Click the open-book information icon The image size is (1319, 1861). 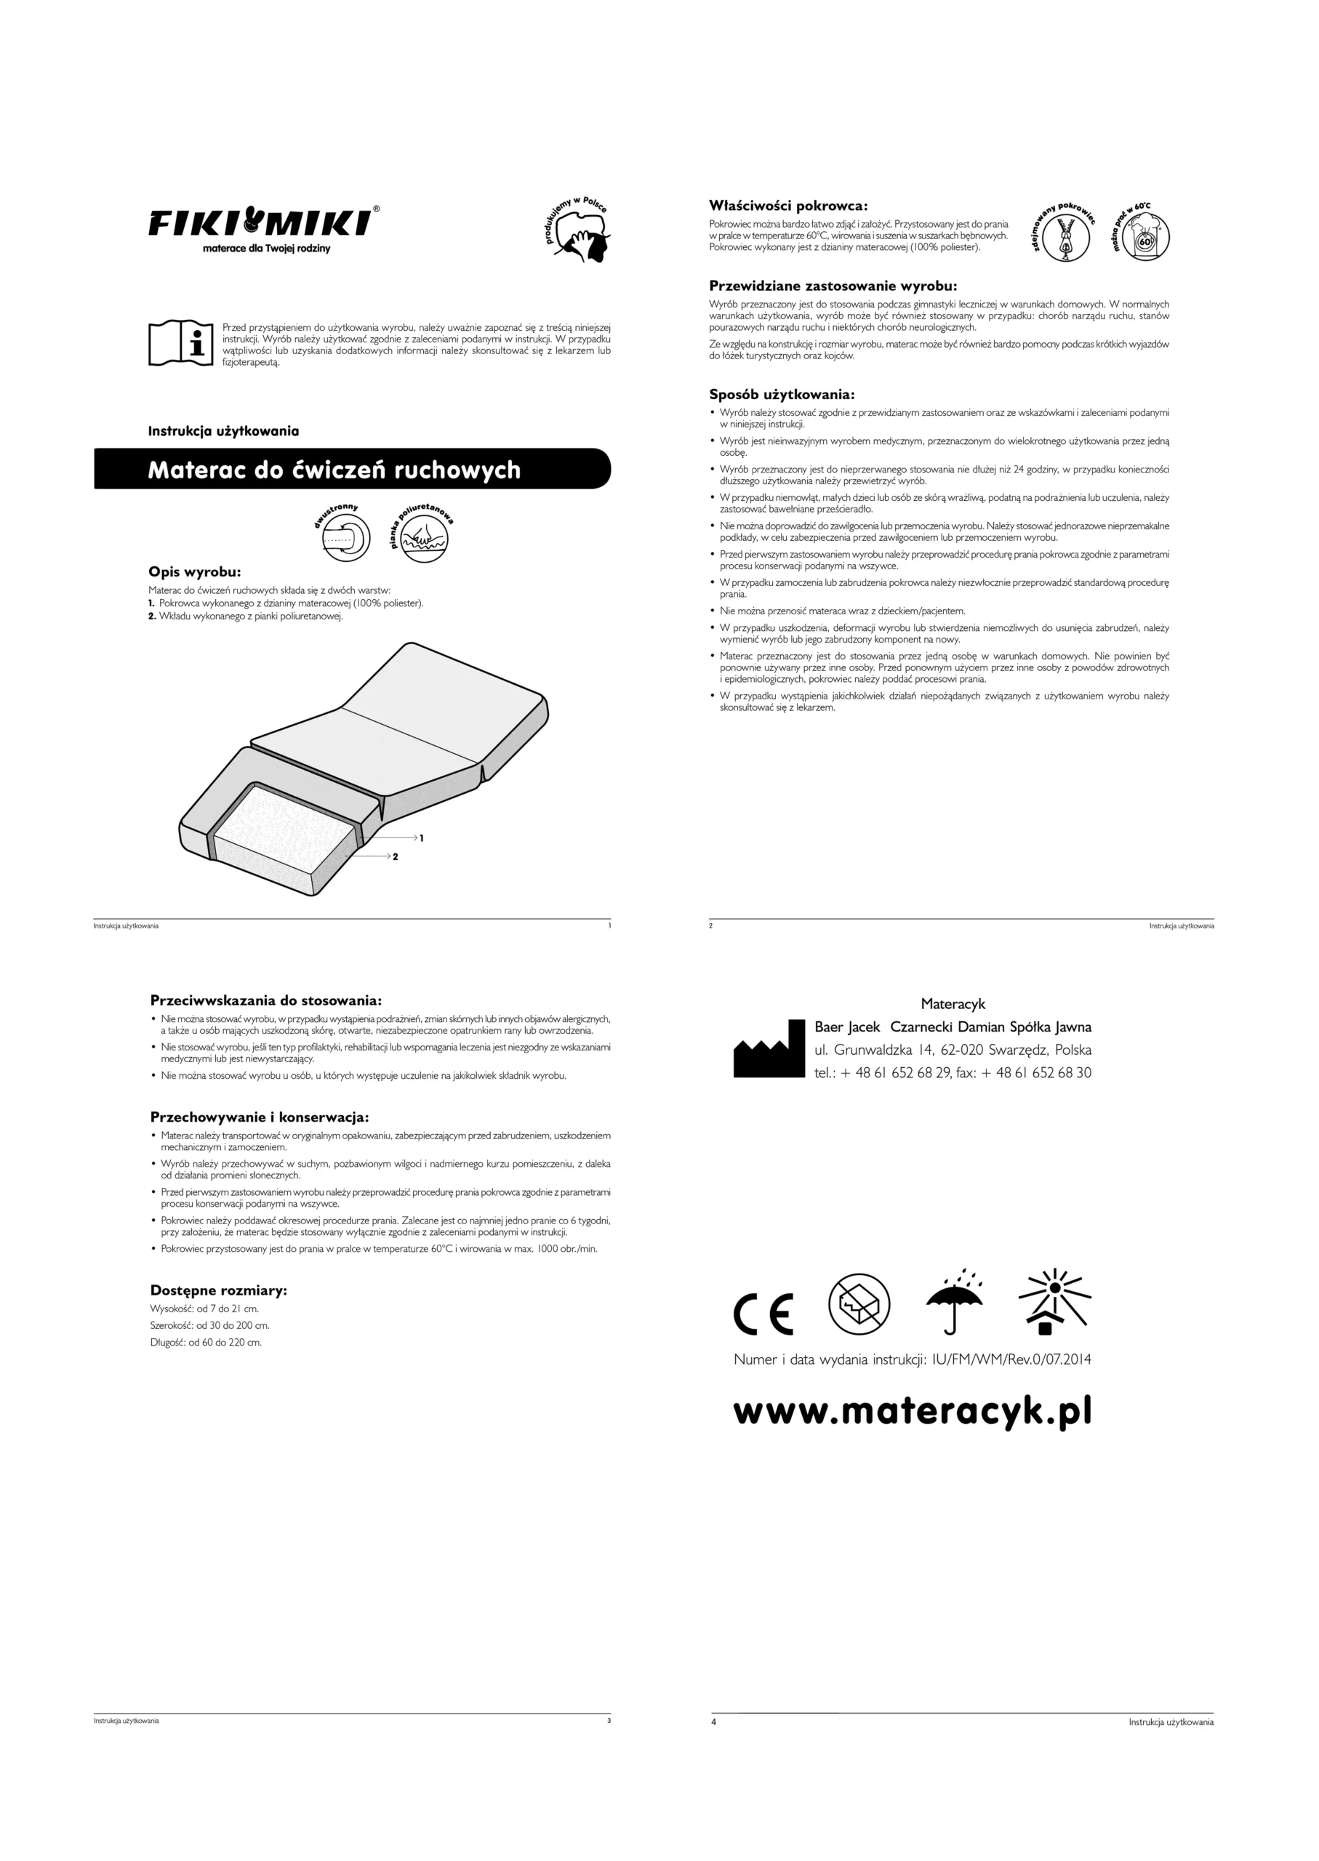pos(180,342)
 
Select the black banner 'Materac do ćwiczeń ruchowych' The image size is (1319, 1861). pos(352,470)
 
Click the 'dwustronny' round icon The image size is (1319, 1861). pos(345,536)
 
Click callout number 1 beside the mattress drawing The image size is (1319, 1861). pos(422,837)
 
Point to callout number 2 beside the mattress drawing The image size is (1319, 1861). pos(396,856)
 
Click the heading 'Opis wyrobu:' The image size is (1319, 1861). pos(194,571)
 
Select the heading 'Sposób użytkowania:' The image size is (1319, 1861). pos(782,395)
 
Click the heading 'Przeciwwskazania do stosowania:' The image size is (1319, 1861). pos(265,1000)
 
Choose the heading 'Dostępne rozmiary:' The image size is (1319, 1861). pos(218,1290)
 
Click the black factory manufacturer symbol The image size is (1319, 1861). pos(769,1050)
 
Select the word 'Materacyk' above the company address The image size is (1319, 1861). pos(953,1005)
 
